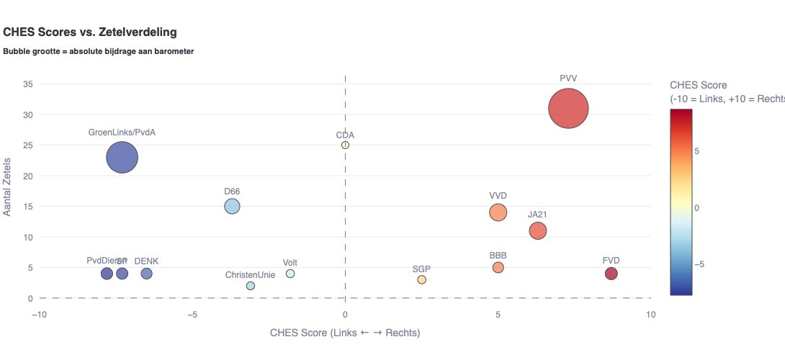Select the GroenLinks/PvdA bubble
pos(122,158)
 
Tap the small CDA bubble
pos(345,145)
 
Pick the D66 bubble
pos(232,207)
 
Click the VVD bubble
pos(498,212)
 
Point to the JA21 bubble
pos(537,230)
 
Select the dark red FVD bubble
pos(611,274)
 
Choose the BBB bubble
pos(498,268)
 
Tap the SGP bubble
pos(421,280)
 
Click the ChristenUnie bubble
pos(250,286)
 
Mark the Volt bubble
pos(290,274)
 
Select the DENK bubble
pos(146,274)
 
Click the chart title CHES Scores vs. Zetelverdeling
pos(90,32)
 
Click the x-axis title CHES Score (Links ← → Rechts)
pos(345,333)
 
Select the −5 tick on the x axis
pos(192,314)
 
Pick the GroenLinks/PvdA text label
pos(122,133)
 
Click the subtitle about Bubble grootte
pos(99,52)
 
